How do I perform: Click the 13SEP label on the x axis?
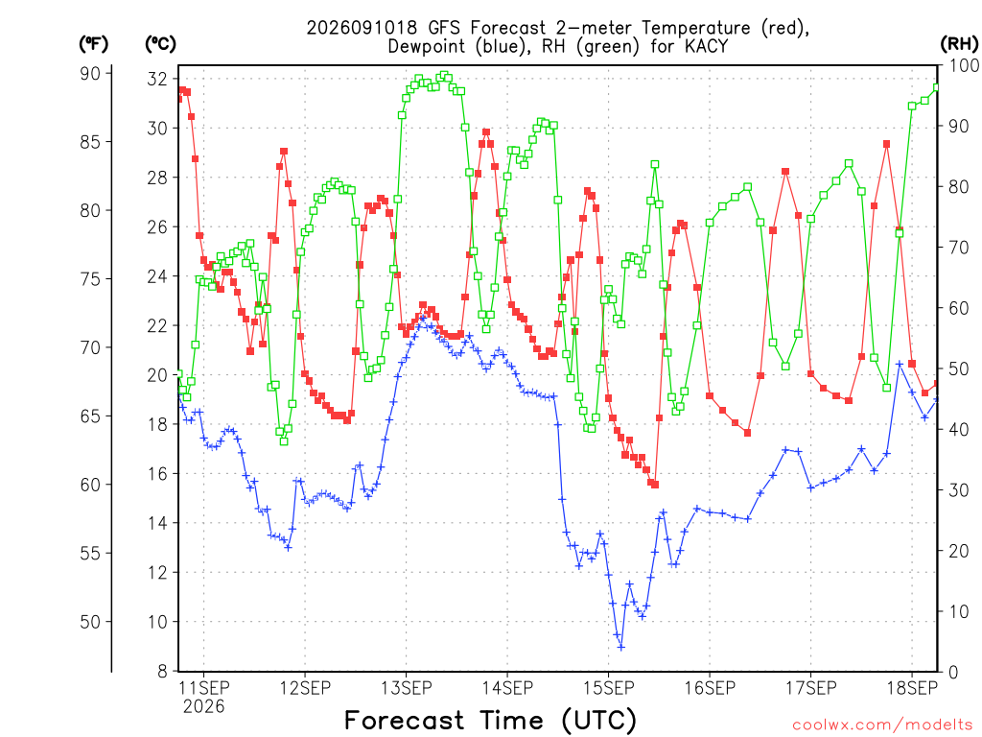click(x=406, y=688)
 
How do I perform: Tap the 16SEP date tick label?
click(x=710, y=688)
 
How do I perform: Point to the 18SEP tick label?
click(x=912, y=688)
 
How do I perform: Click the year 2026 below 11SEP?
click(x=203, y=707)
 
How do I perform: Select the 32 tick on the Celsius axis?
click(x=157, y=79)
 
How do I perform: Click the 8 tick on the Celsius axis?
click(x=163, y=671)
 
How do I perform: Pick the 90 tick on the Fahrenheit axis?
click(x=90, y=73)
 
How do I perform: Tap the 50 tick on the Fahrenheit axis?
click(x=90, y=622)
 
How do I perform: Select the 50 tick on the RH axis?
click(x=959, y=368)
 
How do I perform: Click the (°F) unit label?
click(x=93, y=44)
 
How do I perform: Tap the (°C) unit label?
click(x=160, y=44)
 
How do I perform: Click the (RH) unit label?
click(x=959, y=44)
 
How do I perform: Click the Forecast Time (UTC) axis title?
click(x=490, y=720)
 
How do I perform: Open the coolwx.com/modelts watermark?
click(x=882, y=725)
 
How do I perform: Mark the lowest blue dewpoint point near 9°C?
click(x=620, y=647)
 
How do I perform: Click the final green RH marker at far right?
click(x=937, y=87)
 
